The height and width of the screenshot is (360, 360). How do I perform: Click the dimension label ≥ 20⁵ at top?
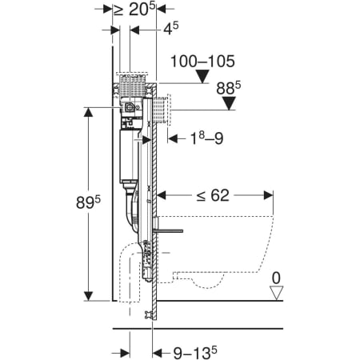point(134,9)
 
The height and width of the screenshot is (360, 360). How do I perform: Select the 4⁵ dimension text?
point(171,28)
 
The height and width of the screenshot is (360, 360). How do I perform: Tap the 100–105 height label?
point(202,62)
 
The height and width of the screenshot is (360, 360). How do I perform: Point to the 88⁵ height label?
point(229,88)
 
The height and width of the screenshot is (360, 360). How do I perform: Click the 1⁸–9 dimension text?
point(206,138)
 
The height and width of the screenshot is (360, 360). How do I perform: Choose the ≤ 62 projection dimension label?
point(213,195)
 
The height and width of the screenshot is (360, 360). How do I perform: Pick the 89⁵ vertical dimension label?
point(88,202)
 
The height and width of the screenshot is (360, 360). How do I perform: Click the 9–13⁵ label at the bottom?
point(195,353)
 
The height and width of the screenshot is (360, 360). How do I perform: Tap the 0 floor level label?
point(276,278)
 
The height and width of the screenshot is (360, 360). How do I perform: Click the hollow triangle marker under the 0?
point(276,293)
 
